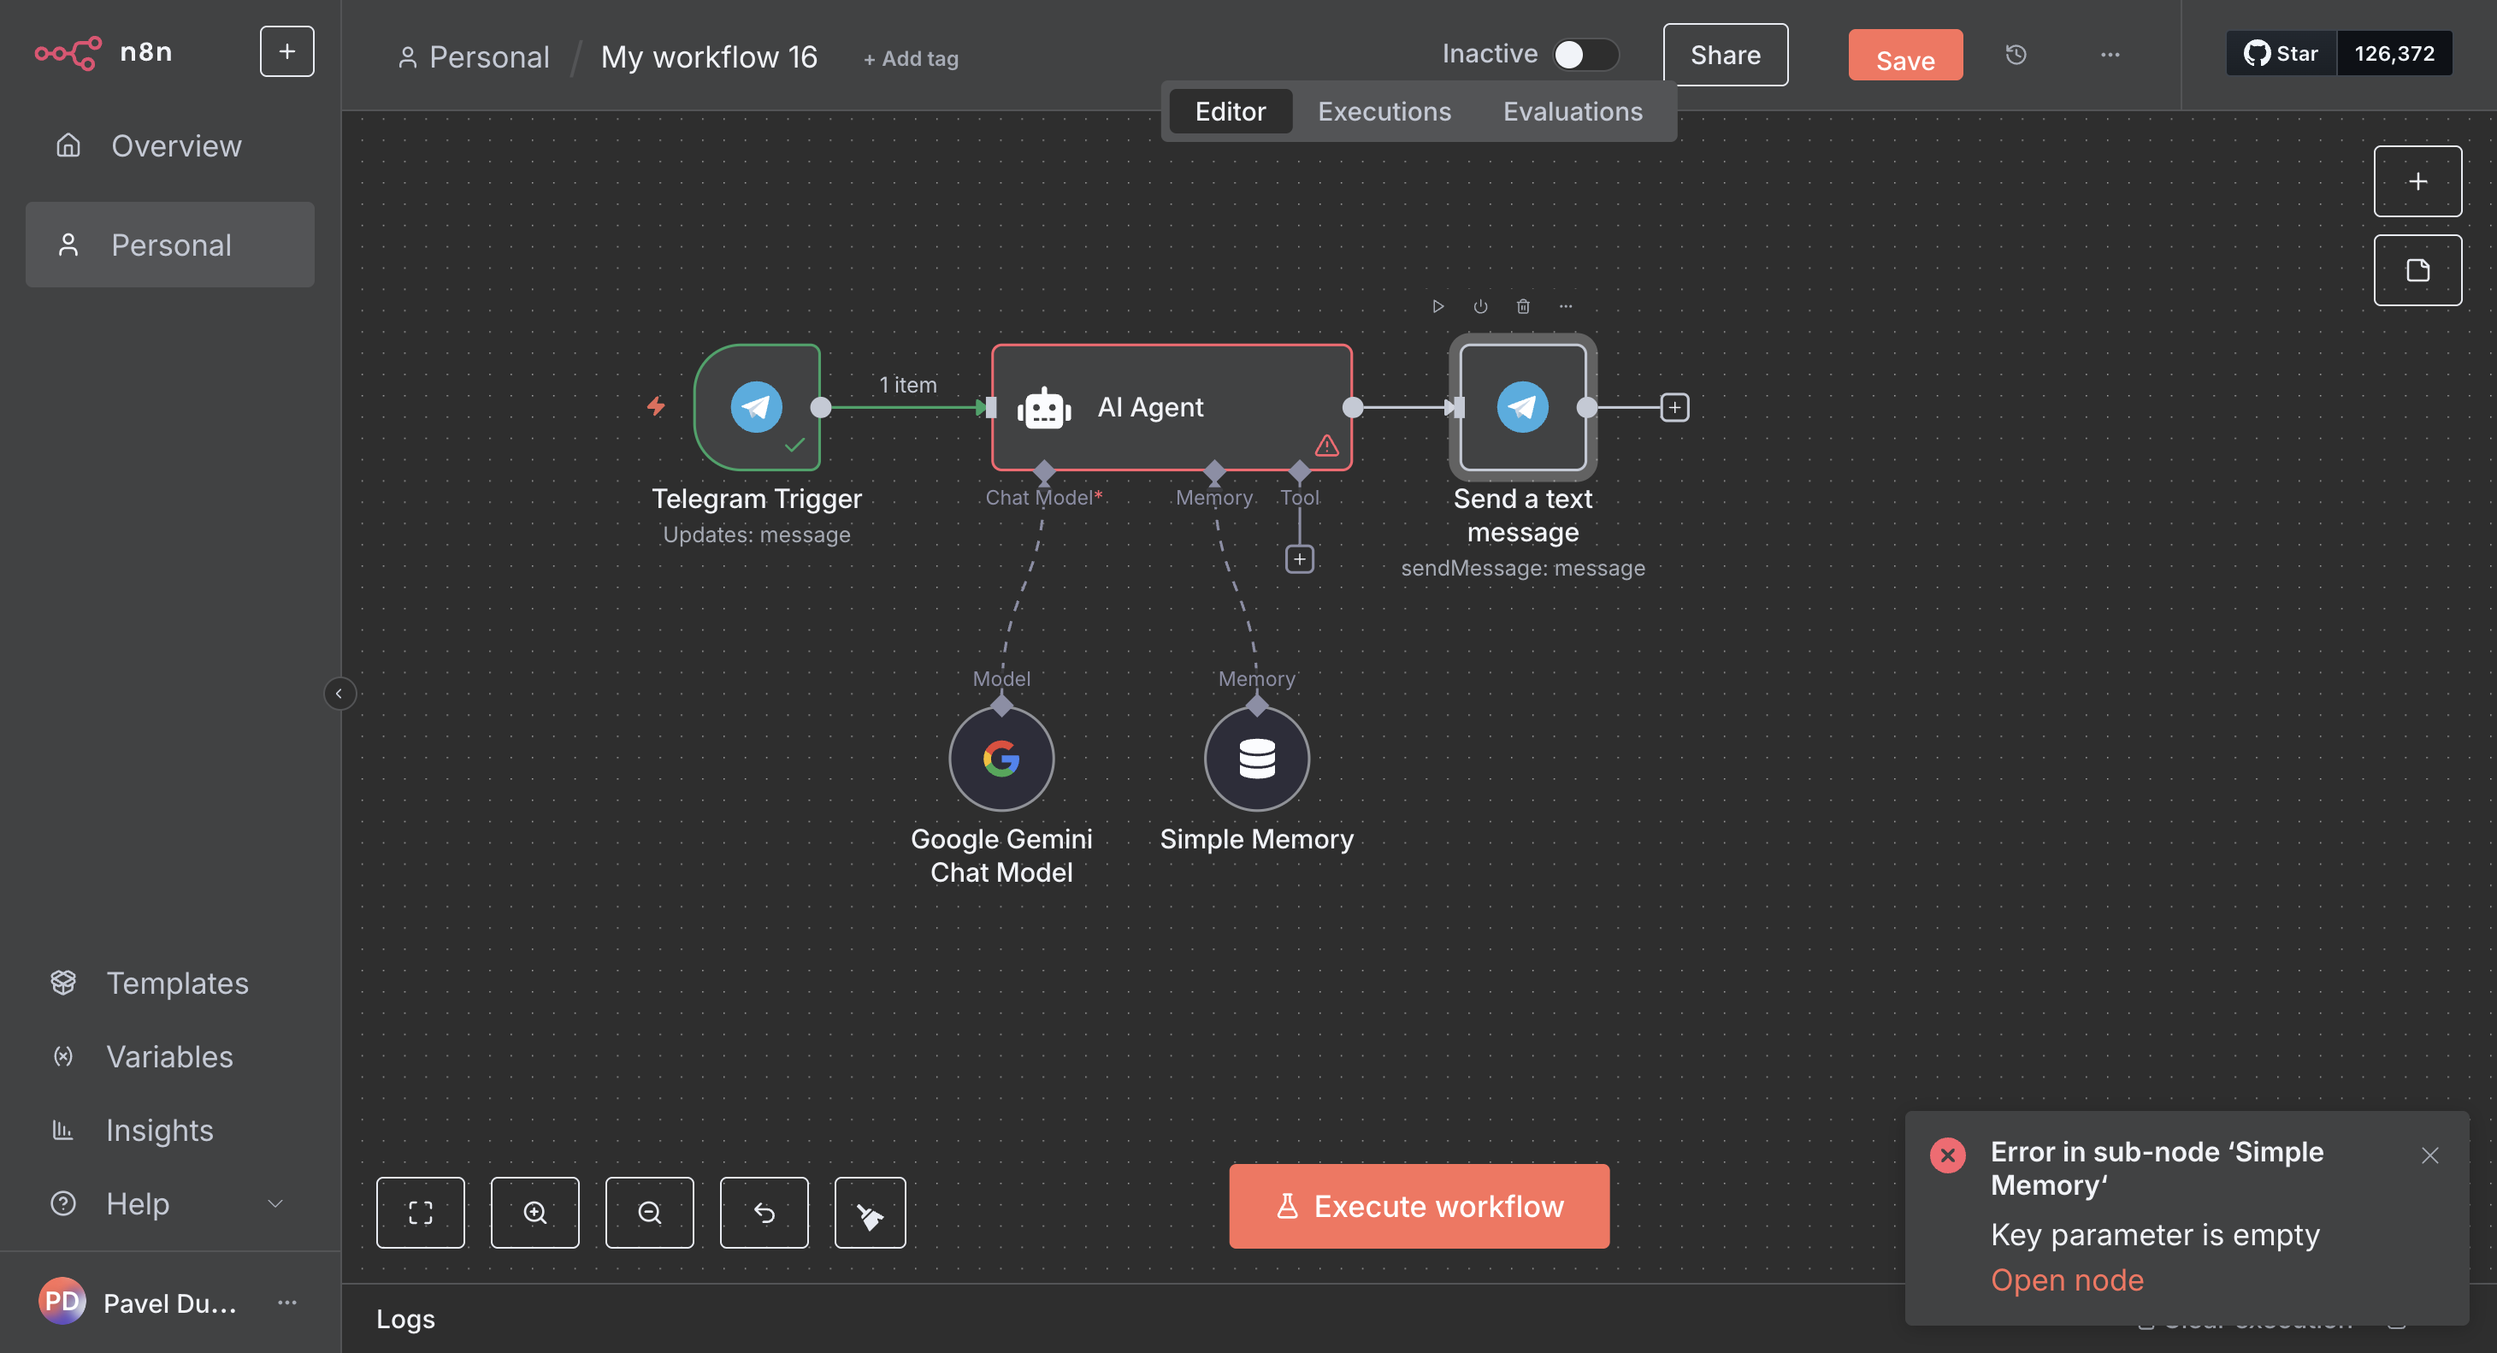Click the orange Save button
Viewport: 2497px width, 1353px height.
[x=1904, y=57]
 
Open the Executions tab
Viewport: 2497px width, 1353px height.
[x=1384, y=111]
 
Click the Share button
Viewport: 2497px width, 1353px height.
[x=1725, y=56]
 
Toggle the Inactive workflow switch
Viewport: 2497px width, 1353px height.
[x=1584, y=54]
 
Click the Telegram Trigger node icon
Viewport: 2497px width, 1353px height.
[x=756, y=407]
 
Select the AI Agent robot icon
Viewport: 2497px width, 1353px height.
[x=1043, y=408]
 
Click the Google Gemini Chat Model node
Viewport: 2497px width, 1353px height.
[x=1001, y=758]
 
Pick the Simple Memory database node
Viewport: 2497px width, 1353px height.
[x=1256, y=758]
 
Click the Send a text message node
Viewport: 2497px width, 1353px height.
[x=1522, y=407]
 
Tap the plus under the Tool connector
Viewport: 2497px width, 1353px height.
[x=1299, y=559]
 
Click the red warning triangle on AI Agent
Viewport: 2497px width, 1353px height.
[x=1326, y=446]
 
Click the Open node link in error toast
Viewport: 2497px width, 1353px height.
[x=2066, y=1279]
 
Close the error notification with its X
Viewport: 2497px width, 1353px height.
[x=2429, y=1155]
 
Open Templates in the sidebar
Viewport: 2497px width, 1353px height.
[x=176, y=983]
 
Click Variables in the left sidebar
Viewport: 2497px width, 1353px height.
[x=168, y=1056]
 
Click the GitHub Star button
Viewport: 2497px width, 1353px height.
[x=2280, y=53]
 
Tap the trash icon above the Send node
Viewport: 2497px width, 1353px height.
[x=1522, y=306]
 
